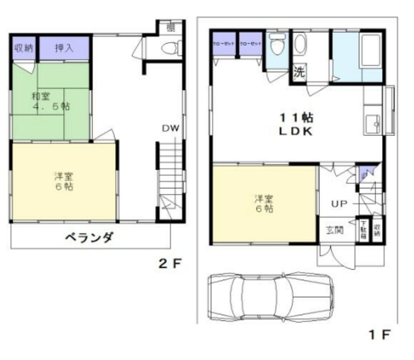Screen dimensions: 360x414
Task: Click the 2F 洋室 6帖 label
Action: pos(63,180)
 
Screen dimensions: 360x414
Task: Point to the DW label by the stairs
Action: pos(170,128)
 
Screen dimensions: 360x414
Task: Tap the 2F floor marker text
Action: pos(171,264)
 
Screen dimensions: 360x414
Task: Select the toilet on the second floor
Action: pos(171,47)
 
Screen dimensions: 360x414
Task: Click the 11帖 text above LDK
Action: pos(296,118)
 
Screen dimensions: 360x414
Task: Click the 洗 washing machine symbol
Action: pos(300,72)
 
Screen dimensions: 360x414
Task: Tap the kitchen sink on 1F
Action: pos(373,121)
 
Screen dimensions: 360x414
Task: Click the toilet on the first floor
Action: pos(276,47)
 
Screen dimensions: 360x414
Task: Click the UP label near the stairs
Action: pos(340,204)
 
